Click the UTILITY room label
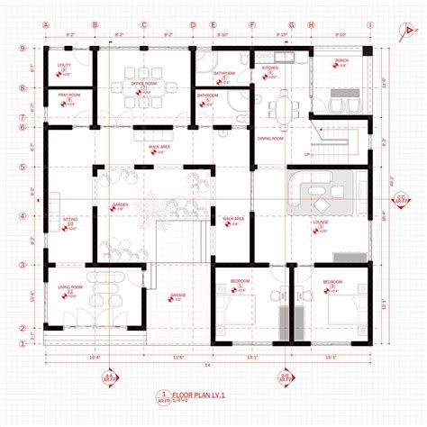pos(64,66)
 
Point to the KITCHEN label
pos(269,68)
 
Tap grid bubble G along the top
pos(291,25)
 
